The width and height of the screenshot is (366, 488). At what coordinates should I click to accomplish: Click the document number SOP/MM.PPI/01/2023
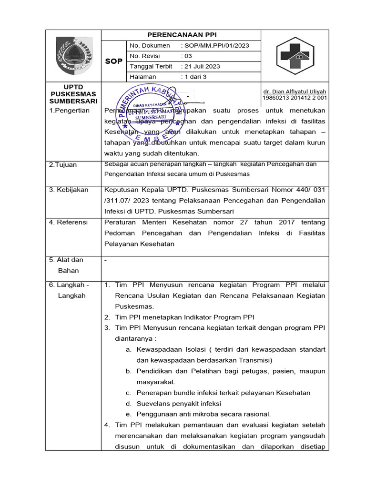[215, 46]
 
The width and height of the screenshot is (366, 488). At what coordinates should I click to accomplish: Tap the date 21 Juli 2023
[201, 66]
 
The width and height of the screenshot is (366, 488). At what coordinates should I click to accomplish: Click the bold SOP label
[113, 61]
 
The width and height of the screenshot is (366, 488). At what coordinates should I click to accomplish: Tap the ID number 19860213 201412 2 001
[295, 98]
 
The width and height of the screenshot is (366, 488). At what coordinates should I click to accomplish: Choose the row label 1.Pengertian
[69, 111]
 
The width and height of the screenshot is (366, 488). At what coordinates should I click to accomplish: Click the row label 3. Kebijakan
[69, 190]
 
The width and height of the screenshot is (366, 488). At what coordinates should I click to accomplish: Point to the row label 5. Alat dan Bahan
[67, 265]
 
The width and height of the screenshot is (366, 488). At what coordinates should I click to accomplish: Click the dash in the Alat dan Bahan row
[105, 260]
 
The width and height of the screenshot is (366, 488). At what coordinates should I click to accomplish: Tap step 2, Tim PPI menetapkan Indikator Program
[185, 317]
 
